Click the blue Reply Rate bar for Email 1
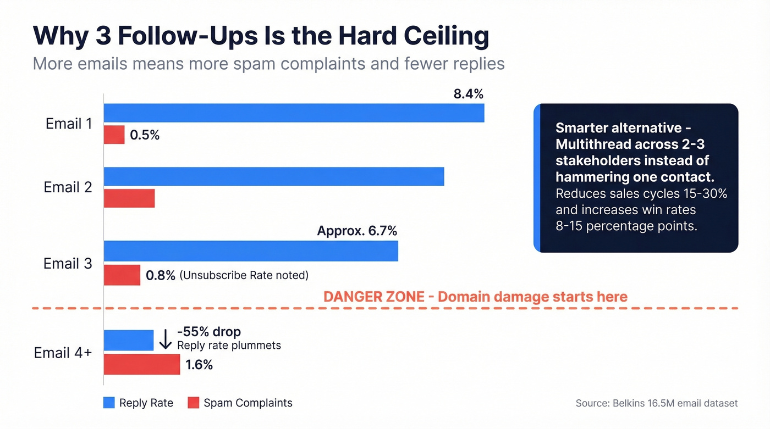[294, 113]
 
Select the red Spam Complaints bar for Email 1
[114, 135]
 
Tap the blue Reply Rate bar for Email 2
[273, 176]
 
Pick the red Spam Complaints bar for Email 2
[129, 198]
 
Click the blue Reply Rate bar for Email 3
[251, 250]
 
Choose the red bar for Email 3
[122, 275]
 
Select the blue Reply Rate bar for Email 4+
[129, 340]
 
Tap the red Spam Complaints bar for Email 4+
[142, 364]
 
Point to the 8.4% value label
[468, 94]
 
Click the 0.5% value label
[145, 135]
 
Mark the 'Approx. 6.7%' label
[357, 231]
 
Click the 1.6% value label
[199, 365]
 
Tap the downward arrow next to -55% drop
[165, 340]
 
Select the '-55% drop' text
[209, 332]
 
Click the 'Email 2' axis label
[68, 187]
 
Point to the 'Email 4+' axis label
[63, 352]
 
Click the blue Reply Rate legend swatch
[109, 403]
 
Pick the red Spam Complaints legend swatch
[193, 403]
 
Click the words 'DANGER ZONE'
[373, 297]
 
